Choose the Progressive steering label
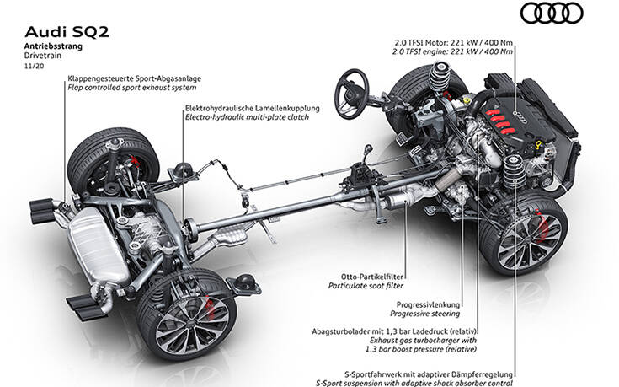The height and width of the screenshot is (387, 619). (x=429, y=312)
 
